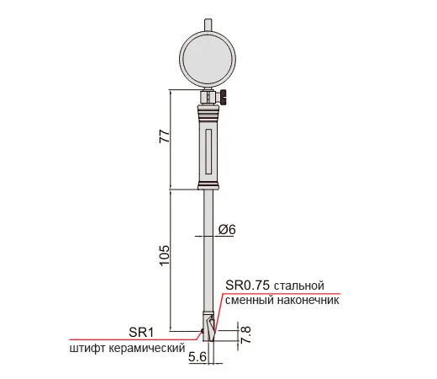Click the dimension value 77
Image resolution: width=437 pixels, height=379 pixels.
tap(165, 136)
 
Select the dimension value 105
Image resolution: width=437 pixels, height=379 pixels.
tap(165, 255)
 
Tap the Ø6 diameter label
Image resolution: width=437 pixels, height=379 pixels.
tap(227, 229)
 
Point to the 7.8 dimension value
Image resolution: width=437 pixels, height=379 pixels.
tap(245, 334)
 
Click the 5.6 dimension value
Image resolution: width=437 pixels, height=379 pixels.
tap(197, 357)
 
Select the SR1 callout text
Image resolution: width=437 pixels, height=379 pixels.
tap(141, 333)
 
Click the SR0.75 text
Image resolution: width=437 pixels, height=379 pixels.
tap(247, 286)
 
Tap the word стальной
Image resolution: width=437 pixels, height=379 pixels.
tap(299, 286)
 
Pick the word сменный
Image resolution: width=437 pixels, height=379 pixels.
tap(250, 301)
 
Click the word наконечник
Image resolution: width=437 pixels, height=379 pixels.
tap(308, 301)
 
